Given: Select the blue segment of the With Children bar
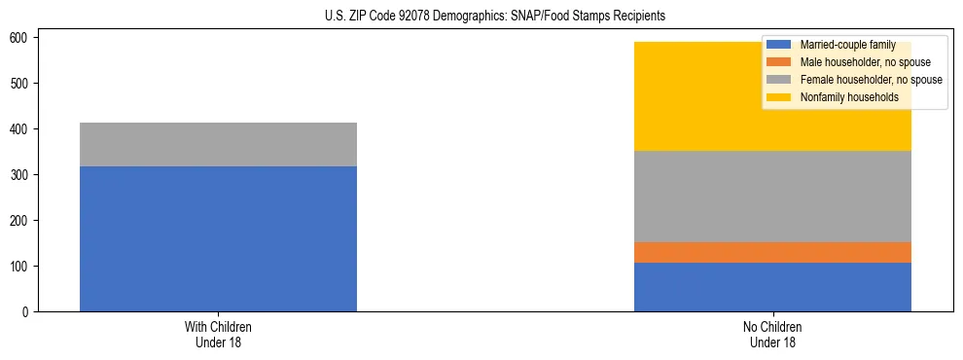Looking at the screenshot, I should click(218, 238).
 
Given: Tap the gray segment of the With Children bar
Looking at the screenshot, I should click(218, 144).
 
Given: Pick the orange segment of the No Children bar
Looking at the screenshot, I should click(772, 252).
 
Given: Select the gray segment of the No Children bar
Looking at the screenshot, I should click(772, 197).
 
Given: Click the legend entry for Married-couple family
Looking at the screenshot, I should click(846, 45).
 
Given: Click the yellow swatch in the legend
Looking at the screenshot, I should click(779, 97).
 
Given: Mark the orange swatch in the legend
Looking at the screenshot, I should click(779, 62).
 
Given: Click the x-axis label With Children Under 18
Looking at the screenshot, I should click(218, 335).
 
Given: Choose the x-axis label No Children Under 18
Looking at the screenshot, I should click(772, 335).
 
